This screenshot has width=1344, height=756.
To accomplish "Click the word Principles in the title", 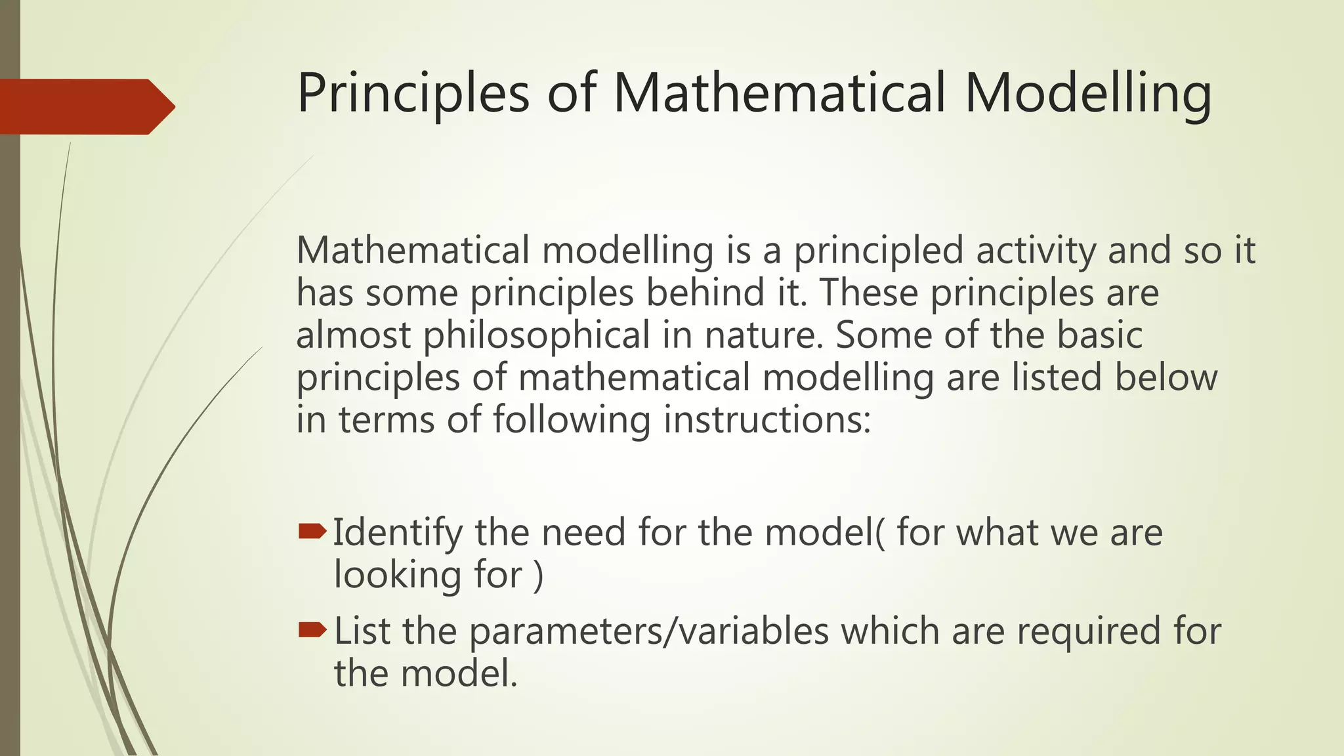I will tap(413, 93).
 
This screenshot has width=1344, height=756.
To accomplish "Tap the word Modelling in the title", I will tap(1087, 93).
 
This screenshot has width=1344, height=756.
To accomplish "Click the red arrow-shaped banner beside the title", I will tap(85, 106).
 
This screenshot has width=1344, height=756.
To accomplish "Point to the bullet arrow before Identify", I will tap(312, 531).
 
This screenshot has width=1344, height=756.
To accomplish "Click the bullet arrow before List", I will tap(312, 631).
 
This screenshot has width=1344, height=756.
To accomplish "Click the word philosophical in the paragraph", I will tap(536, 335).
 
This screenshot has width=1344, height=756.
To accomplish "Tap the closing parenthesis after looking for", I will tap(539, 576).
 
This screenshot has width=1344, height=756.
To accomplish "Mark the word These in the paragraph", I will tap(868, 293).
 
